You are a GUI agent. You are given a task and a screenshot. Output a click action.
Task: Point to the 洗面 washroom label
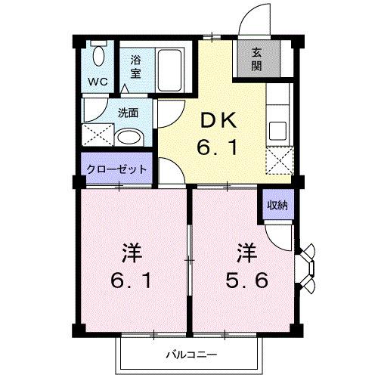128,113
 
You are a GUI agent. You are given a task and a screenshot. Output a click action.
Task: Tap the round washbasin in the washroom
132,136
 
